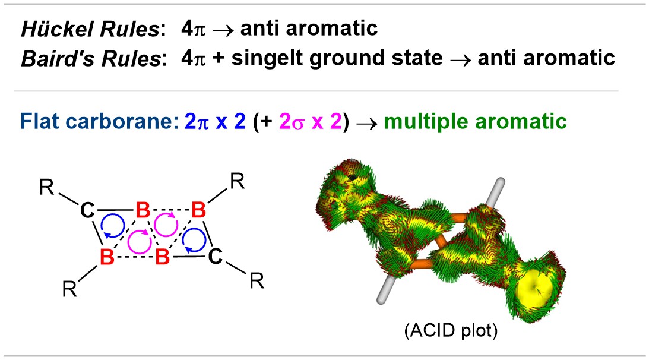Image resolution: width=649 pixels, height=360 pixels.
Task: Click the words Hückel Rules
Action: pos(90,30)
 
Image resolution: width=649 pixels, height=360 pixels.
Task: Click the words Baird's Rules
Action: pos(91,59)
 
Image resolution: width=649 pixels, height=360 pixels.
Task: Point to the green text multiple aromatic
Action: pos(475,122)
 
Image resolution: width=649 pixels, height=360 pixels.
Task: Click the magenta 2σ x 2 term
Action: pos(311,122)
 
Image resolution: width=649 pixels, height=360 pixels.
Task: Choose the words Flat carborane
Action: pos(99,122)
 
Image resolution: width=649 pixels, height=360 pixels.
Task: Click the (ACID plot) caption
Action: pos(451,330)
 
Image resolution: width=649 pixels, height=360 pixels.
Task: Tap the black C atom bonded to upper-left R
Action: pos(87,210)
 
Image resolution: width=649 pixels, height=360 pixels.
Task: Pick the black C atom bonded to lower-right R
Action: pos(215,257)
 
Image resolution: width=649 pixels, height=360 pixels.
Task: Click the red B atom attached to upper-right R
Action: pos(199,210)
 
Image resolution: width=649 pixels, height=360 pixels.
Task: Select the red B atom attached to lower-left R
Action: pos(107,257)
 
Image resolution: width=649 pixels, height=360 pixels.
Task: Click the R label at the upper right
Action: pos(237,181)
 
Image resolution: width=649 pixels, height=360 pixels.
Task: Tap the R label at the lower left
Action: pos(69,289)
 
